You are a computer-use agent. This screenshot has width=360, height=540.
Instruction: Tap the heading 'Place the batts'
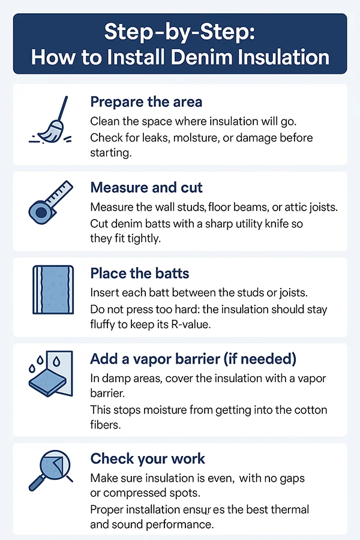(140, 274)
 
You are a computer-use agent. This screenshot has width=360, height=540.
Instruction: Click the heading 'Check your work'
(148, 459)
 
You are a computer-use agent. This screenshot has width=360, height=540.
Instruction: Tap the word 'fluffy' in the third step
(104, 324)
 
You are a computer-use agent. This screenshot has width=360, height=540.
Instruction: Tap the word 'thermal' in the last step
(289, 509)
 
